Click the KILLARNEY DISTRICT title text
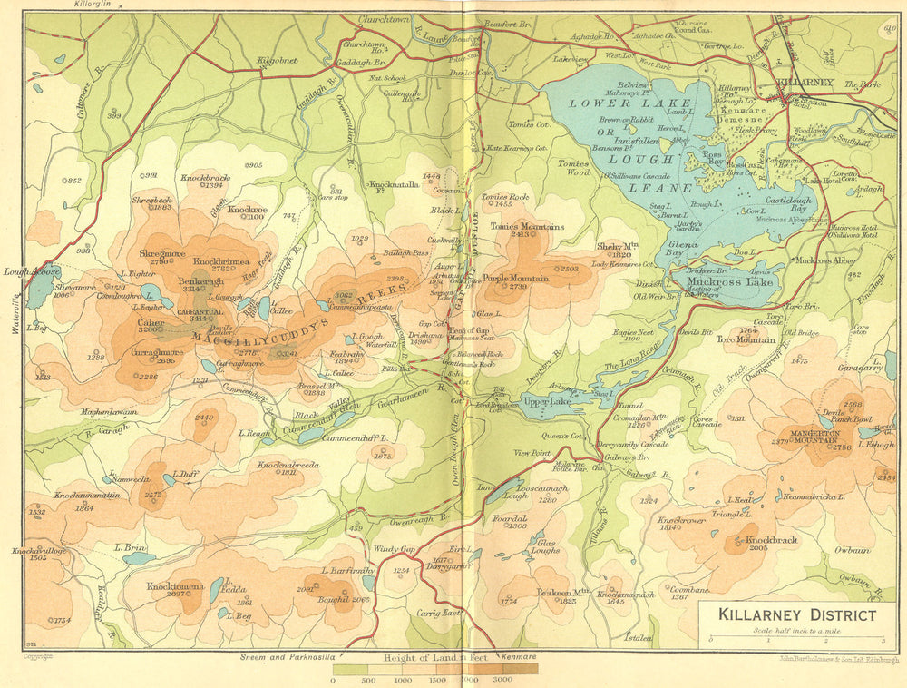(797, 614)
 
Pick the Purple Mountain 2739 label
(515, 279)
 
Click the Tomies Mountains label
(527, 227)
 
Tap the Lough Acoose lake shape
(39, 289)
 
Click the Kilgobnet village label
(277, 60)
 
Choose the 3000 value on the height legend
(502, 679)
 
